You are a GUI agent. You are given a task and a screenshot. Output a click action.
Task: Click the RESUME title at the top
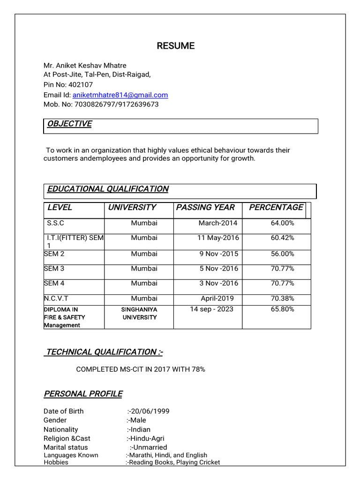(x=176, y=45)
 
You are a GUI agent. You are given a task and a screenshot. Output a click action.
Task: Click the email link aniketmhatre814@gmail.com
(x=120, y=95)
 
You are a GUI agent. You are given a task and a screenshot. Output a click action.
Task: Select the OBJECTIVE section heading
(x=69, y=124)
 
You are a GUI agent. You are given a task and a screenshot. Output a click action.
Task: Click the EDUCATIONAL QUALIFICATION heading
(x=108, y=189)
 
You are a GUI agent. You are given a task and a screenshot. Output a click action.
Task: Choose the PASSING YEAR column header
(x=205, y=207)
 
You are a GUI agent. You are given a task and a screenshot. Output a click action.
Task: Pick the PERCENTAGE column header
(x=276, y=207)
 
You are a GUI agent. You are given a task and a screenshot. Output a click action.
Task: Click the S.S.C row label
(x=56, y=223)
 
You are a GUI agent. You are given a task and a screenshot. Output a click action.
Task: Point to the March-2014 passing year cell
(x=218, y=223)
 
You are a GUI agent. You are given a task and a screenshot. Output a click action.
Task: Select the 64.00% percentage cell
(x=282, y=223)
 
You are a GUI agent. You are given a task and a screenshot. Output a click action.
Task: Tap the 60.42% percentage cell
(x=282, y=238)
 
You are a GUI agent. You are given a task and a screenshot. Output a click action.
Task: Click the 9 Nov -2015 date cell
(x=218, y=254)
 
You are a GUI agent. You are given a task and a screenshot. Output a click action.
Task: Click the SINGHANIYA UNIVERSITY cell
(x=139, y=313)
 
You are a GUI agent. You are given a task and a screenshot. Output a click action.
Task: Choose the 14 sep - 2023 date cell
(x=211, y=309)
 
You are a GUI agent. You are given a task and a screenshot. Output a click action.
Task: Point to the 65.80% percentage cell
(x=282, y=309)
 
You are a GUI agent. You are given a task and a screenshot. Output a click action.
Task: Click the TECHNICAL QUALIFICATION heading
(x=104, y=352)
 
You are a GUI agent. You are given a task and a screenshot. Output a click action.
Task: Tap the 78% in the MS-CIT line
(x=198, y=369)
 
